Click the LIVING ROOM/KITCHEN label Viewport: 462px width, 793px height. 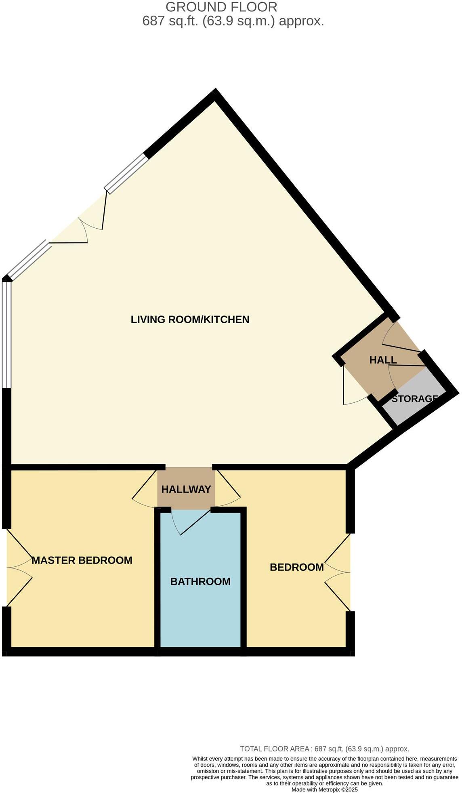point(190,320)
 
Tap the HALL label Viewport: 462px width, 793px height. point(383,360)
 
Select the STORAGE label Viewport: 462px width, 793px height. point(414,399)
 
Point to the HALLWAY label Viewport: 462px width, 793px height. point(186,489)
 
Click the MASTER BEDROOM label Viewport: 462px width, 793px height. point(82,560)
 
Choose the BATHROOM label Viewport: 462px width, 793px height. point(200,581)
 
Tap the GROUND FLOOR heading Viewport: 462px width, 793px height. point(221,7)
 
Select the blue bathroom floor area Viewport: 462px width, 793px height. point(201,614)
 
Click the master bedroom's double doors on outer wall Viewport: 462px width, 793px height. point(18,568)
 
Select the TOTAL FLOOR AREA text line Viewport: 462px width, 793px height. point(324,749)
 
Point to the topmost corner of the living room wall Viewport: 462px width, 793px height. point(216,93)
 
